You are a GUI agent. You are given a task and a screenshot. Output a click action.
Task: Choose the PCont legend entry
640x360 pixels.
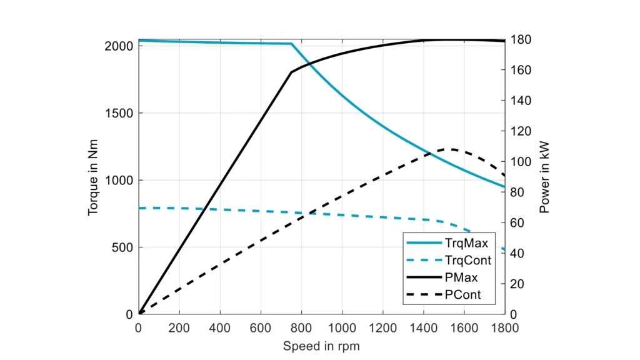463,294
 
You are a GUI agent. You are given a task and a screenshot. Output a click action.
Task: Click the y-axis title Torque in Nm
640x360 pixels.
93,177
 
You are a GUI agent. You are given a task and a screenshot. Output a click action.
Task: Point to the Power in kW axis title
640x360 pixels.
544,177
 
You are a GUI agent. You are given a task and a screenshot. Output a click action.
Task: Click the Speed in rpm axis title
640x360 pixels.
321,346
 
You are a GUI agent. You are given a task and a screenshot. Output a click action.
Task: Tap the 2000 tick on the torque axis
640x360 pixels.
119,46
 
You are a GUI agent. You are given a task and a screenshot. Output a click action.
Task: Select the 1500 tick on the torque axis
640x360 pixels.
119,113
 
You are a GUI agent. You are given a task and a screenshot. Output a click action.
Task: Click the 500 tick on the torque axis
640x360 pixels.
122,247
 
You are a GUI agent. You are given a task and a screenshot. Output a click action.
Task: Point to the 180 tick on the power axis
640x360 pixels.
521,39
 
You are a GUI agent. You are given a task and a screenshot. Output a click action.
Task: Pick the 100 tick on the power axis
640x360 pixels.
521,162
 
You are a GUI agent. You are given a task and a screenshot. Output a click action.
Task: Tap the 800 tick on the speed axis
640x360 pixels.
301,327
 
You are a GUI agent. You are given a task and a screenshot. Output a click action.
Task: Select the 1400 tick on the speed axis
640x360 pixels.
423,327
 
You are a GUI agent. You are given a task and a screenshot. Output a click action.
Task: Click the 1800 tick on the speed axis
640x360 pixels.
504,327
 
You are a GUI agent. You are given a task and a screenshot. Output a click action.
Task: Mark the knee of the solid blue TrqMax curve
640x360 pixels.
291,44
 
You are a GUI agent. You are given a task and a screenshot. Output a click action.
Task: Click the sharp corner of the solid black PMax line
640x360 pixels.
291,72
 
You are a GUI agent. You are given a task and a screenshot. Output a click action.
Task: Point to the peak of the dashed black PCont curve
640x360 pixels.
451,149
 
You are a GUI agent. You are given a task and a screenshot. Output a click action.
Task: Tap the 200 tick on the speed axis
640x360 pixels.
179,327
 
